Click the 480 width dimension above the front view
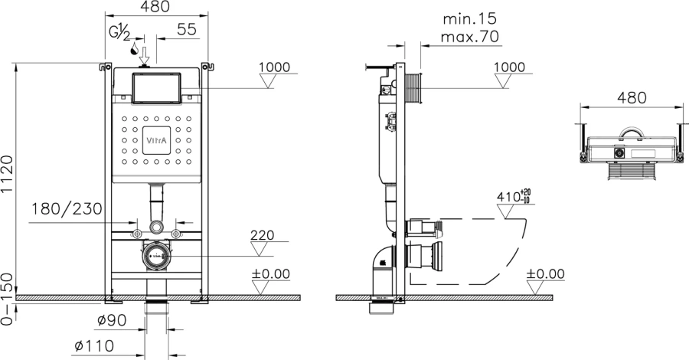click(156, 7)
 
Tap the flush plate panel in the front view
click(155, 89)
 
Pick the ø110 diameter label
click(94, 345)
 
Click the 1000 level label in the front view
click(274, 67)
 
